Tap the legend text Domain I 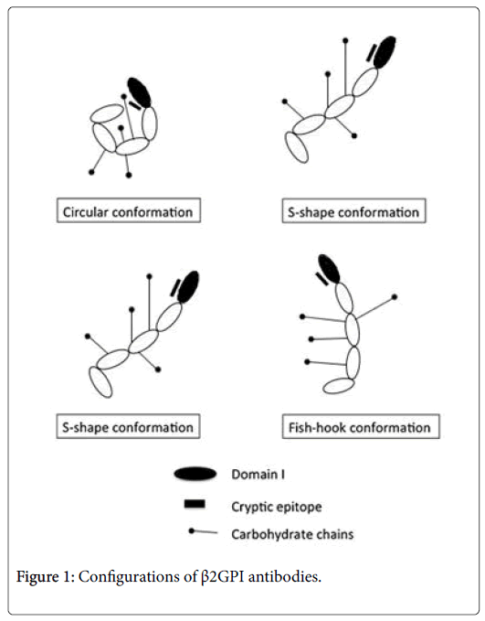click(x=258, y=474)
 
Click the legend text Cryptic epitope click(x=277, y=507)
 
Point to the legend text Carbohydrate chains click(x=292, y=534)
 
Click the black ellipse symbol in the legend click(x=195, y=474)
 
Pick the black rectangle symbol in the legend click(x=195, y=504)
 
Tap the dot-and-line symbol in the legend click(x=203, y=531)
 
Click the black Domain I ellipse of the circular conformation click(x=139, y=92)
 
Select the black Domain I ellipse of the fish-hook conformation click(x=329, y=269)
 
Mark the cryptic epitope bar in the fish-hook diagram click(x=322, y=279)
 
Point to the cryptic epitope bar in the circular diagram click(x=135, y=105)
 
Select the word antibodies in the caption click(x=284, y=576)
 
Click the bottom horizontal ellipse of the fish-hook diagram click(x=338, y=385)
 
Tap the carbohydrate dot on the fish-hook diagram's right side click(x=395, y=296)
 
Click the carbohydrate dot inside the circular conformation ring click(x=121, y=127)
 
